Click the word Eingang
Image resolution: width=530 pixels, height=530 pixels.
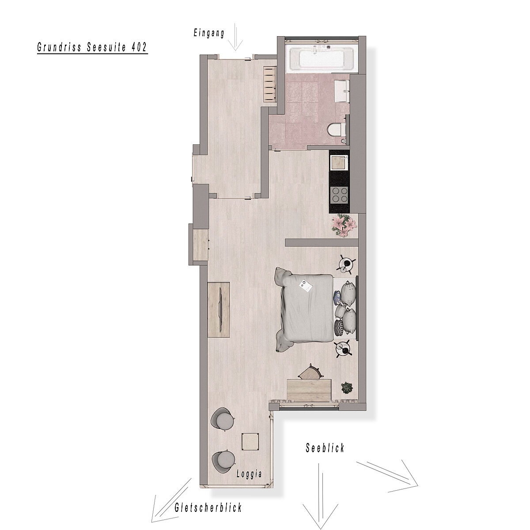(209, 34)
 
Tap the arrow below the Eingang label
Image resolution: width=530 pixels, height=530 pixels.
(235, 37)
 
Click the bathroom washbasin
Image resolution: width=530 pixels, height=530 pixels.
(342, 91)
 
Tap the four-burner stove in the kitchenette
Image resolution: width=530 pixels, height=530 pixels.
(340, 194)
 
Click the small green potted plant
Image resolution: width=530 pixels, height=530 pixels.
(347, 388)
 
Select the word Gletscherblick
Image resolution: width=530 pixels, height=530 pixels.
(208, 507)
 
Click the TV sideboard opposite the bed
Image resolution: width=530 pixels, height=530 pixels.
(219, 310)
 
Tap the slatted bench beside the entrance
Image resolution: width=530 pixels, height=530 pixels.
(270, 85)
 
